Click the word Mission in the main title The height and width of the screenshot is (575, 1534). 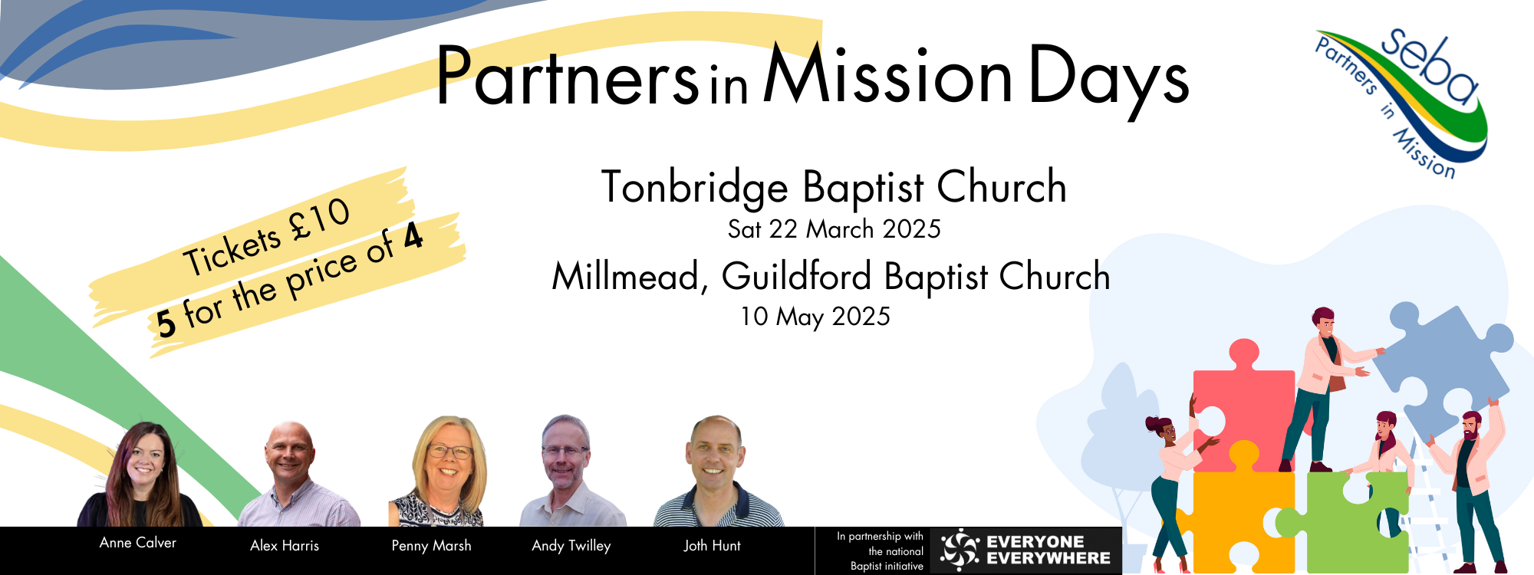click(x=888, y=74)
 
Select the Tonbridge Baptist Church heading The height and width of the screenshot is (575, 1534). click(x=834, y=187)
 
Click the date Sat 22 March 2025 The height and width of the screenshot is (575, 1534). click(x=834, y=228)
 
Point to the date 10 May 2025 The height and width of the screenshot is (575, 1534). click(x=815, y=316)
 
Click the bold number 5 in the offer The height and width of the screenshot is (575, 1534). click(x=166, y=322)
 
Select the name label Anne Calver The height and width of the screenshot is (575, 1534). click(x=138, y=543)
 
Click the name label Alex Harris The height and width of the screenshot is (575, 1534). click(x=285, y=546)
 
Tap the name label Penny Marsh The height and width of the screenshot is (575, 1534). click(x=432, y=546)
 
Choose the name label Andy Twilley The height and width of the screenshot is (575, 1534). click(x=571, y=546)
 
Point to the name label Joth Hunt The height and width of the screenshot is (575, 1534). click(x=713, y=546)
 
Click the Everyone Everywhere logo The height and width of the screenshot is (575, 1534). click(x=1025, y=550)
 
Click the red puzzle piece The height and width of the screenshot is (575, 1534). click(x=1243, y=406)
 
